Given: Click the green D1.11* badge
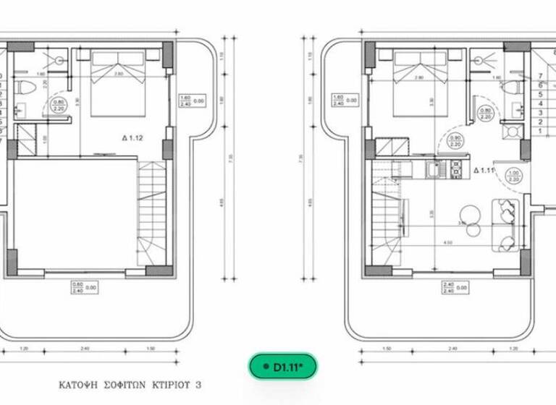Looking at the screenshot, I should pos(288,367).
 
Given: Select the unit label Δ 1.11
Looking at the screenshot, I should pos(483,171).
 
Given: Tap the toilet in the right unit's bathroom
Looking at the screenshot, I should pos(515,88).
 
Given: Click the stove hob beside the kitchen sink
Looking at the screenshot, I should pos(456,170).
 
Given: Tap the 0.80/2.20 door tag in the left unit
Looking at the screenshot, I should pos(59,106).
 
